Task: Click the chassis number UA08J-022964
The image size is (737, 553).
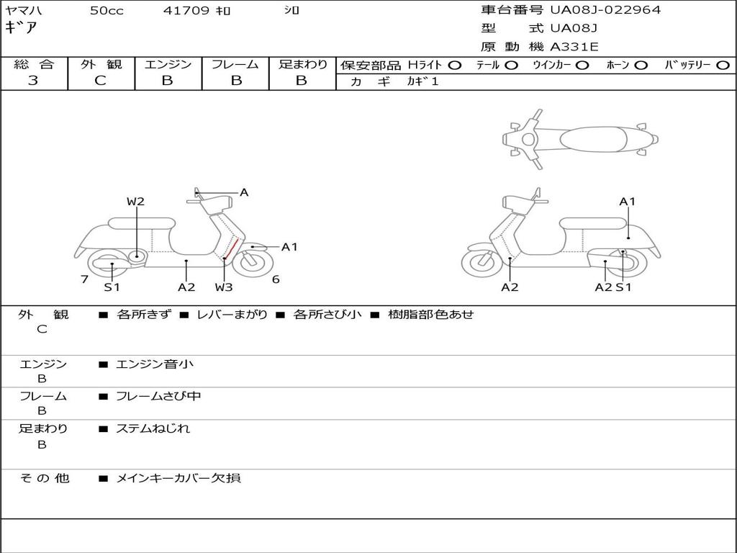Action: (605, 10)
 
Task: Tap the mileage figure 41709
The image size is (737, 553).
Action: (186, 11)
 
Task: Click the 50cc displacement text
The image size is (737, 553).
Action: (107, 11)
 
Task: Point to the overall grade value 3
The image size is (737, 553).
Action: (33, 81)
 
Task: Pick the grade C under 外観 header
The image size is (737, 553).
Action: (100, 81)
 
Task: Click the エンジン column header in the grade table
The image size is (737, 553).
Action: (168, 64)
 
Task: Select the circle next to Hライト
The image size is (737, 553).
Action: (455, 66)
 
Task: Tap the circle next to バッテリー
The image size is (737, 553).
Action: (723, 66)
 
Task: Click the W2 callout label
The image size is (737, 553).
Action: (135, 202)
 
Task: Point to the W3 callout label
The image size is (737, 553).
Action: (224, 287)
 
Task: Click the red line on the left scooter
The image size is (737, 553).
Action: (231, 248)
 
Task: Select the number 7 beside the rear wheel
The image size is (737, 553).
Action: (85, 279)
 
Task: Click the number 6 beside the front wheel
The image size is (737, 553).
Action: (276, 279)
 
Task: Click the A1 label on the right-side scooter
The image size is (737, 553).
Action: (627, 202)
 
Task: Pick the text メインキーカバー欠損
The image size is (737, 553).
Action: (178, 478)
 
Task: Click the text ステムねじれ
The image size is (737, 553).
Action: (153, 428)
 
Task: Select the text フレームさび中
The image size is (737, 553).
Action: (158, 396)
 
